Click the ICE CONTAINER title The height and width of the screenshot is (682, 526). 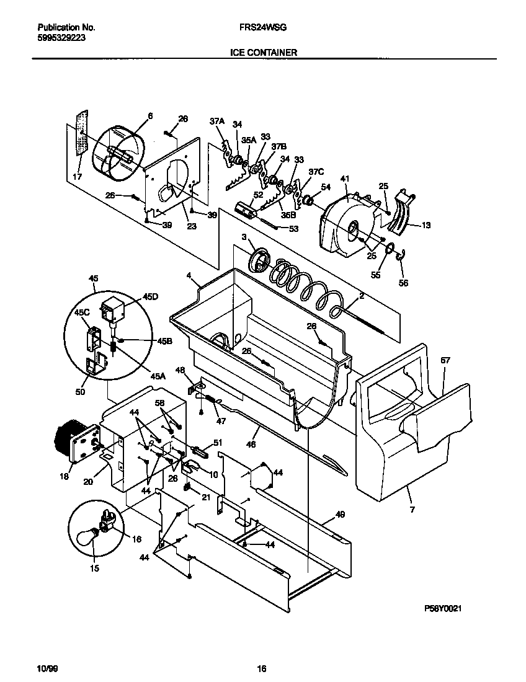262,53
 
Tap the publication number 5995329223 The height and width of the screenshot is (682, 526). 61,37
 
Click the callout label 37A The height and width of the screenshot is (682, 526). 216,122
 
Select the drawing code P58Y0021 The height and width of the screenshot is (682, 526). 444,610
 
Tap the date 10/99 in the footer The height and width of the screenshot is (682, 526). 47,668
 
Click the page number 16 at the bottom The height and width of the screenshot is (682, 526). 262,668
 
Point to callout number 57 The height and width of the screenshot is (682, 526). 445,360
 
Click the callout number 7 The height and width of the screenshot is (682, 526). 412,510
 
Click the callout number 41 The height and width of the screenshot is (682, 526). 345,179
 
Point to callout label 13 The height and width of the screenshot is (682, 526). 426,226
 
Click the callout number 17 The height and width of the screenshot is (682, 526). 77,177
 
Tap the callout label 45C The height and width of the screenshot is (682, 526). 82,312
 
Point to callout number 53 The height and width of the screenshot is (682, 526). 293,229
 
